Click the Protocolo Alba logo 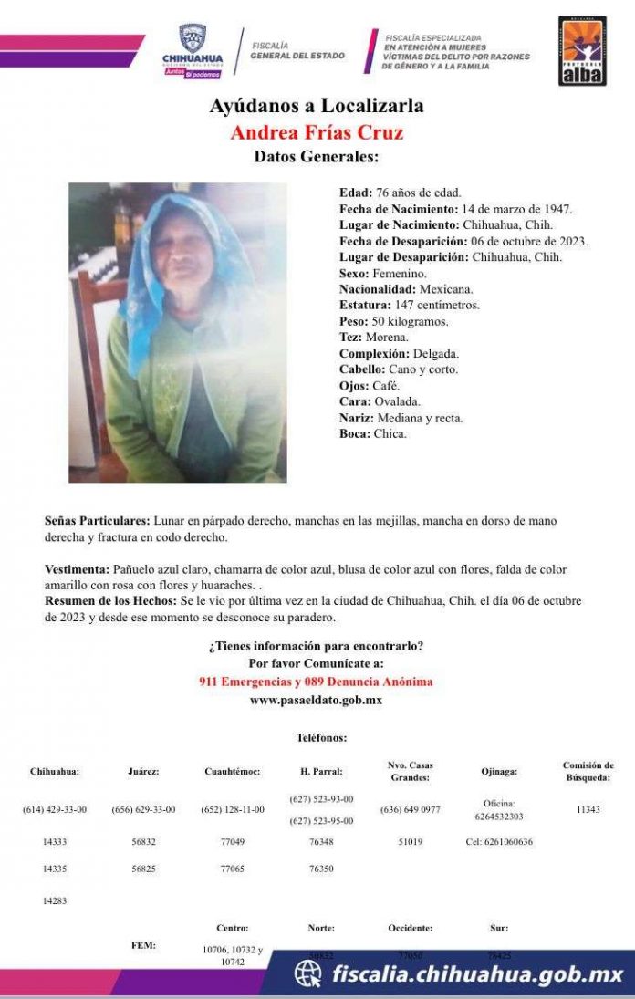point(582,51)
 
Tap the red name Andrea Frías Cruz point(317,132)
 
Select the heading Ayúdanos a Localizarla point(317,106)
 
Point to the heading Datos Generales point(317,157)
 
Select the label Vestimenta point(77,569)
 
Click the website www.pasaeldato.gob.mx point(316,700)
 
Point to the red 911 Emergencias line point(316,682)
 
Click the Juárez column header point(144,771)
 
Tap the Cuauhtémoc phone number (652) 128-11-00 point(232,809)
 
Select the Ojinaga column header point(499,771)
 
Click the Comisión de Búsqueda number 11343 point(588,809)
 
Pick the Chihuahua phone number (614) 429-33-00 point(55,809)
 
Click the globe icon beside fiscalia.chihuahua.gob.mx point(307,974)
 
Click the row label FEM point(143,945)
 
